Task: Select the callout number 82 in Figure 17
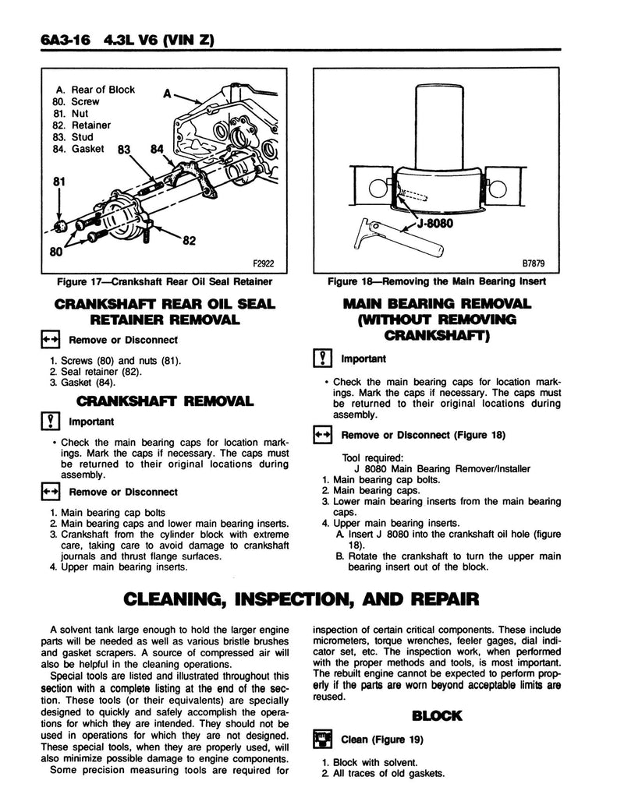click(x=188, y=241)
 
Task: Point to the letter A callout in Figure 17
click(x=167, y=93)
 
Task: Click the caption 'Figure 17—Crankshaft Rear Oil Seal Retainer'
click(x=158, y=281)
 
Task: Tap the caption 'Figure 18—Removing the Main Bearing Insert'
click(x=437, y=281)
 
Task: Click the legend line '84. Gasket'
click(x=81, y=149)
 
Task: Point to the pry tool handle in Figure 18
click(x=425, y=242)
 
